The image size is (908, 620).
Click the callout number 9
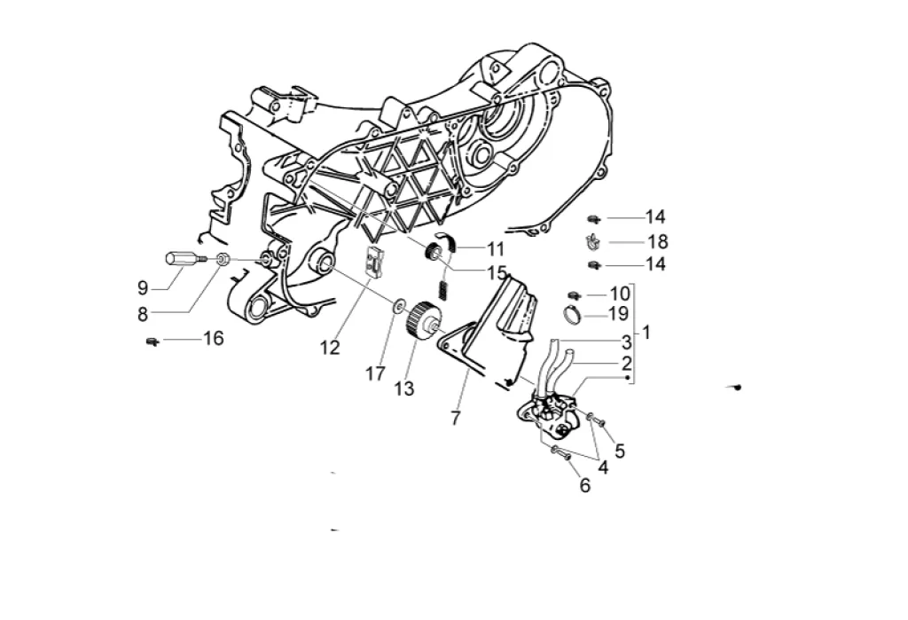tap(142, 286)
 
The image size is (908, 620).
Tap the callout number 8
tap(142, 312)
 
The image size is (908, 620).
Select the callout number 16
tap(213, 338)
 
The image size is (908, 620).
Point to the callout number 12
tap(330, 349)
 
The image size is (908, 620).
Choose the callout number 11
tap(495, 249)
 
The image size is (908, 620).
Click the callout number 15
tap(497, 272)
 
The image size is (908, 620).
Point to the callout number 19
tap(618, 313)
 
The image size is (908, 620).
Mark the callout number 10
tap(619, 293)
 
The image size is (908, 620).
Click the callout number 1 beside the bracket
tap(646, 333)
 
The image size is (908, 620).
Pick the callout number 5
tap(620, 451)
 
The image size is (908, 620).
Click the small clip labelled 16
tap(153, 340)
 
